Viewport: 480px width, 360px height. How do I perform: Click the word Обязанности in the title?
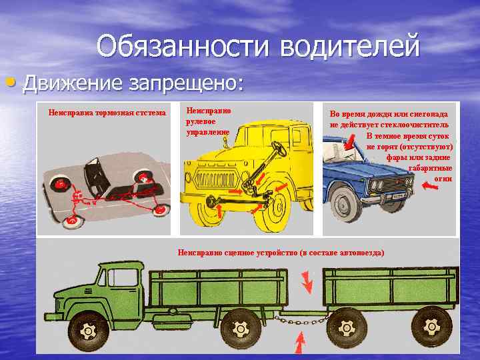point(183,47)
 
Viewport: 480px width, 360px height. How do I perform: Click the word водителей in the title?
point(349,47)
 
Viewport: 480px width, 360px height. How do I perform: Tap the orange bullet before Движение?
point(11,82)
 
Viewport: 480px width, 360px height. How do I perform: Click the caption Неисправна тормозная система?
point(107,113)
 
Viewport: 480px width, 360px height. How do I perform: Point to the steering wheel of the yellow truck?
point(279,149)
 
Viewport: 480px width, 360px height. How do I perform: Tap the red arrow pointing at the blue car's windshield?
point(349,142)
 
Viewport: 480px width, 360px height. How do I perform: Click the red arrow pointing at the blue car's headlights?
point(430,185)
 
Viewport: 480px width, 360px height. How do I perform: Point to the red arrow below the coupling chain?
point(300,342)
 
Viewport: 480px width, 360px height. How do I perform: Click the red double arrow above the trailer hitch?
point(307,282)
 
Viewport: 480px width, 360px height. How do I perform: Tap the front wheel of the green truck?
point(89,331)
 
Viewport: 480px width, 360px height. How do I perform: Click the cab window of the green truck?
point(123,277)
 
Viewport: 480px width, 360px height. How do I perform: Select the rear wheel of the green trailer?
point(431,326)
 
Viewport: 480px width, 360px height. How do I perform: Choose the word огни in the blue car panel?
point(443,179)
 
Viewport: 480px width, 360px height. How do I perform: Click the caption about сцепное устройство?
point(281,253)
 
